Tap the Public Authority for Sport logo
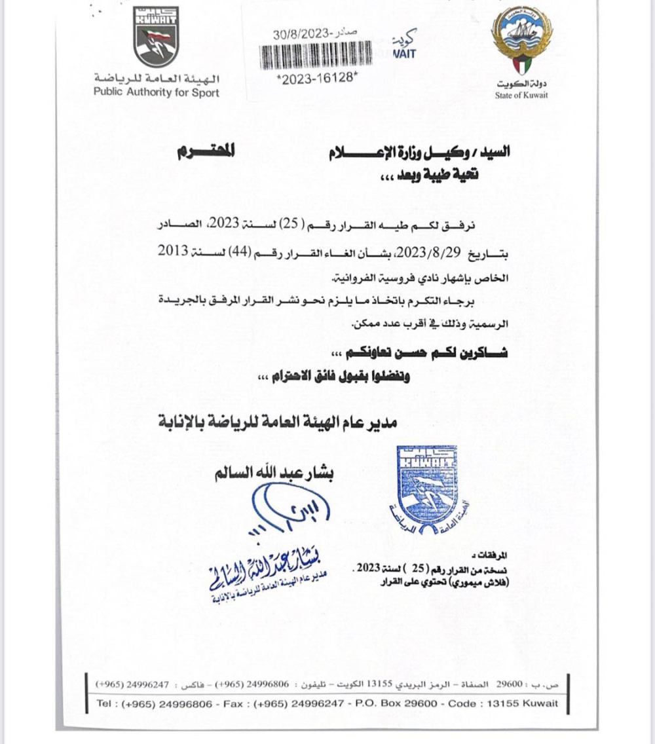[x=156, y=37]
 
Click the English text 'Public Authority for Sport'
[x=156, y=92]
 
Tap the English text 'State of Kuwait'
[x=521, y=96]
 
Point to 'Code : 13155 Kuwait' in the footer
[x=504, y=703]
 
